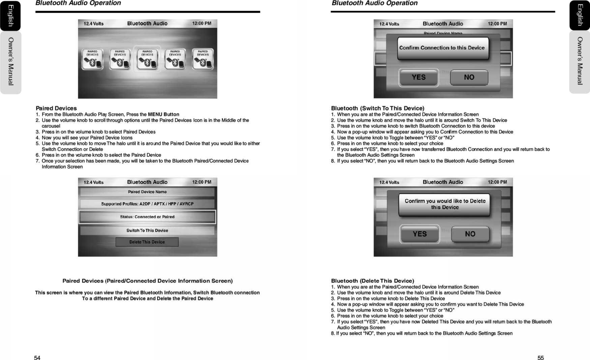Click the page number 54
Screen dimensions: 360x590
coord(37,358)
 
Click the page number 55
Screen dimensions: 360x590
coord(540,358)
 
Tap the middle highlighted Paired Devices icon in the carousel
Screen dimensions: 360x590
coord(147,59)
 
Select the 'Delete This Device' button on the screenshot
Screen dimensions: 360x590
coord(147,242)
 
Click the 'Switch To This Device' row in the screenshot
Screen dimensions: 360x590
coord(147,231)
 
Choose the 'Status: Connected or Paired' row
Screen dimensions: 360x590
coord(147,217)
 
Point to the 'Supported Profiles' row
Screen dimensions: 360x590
coord(147,204)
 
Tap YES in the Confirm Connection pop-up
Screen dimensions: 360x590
coord(419,78)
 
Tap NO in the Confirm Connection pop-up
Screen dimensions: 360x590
coord(469,78)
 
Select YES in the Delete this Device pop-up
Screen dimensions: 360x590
coord(420,234)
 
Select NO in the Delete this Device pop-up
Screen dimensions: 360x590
coord(470,234)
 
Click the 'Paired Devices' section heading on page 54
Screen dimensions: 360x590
coord(56,108)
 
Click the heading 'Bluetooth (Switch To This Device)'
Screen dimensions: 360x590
coord(378,108)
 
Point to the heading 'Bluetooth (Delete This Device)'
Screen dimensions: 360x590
coord(373,281)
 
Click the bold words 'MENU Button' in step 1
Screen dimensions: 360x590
coord(164,114)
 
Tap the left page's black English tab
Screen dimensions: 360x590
coord(10,16)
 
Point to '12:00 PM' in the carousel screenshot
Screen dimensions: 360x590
coord(202,23)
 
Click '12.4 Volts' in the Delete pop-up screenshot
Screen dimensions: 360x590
coord(389,182)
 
